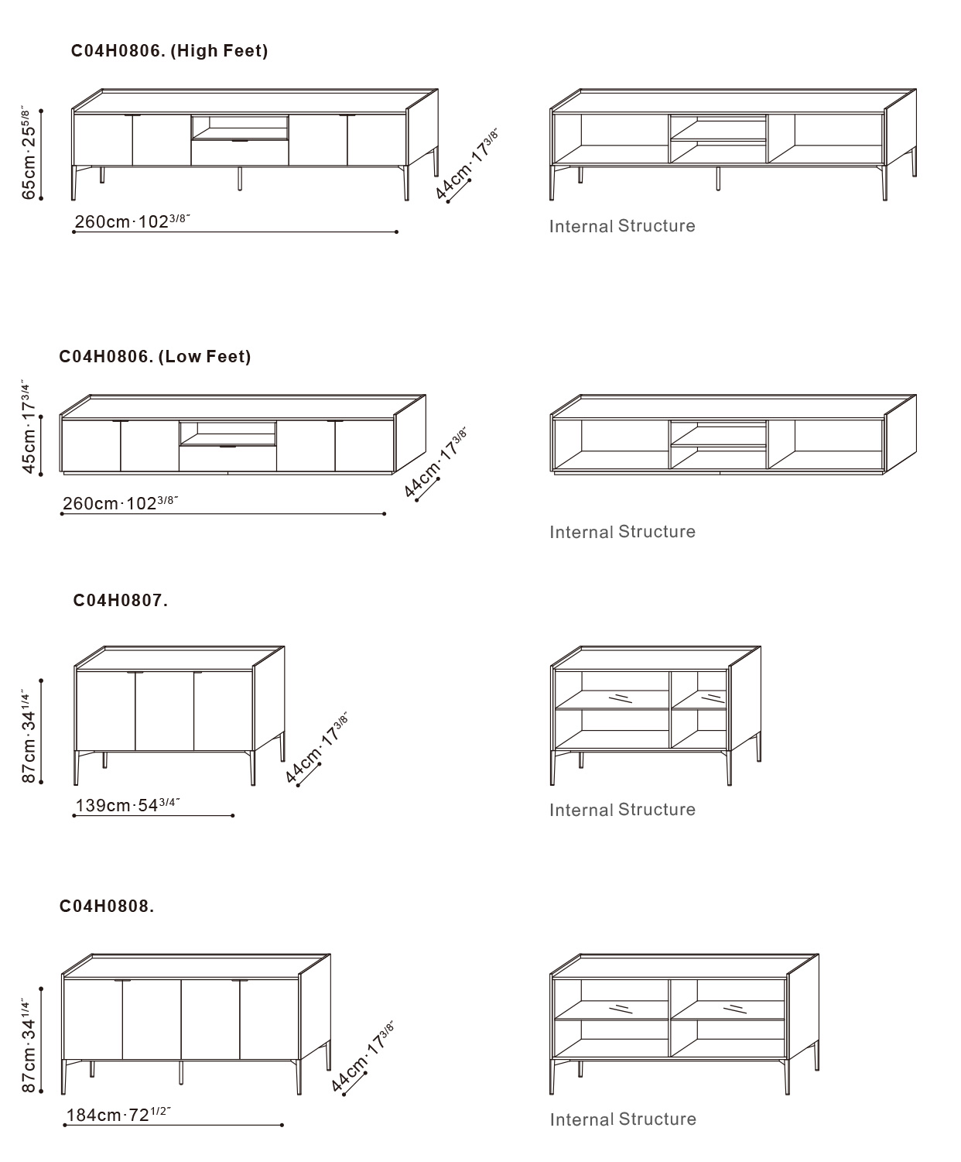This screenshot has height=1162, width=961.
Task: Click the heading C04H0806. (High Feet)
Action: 169,51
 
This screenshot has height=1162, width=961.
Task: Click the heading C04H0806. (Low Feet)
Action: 155,357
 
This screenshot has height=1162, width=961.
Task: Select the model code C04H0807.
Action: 120,600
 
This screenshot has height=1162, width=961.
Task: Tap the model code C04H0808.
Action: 107,906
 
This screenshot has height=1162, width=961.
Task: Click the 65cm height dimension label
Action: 29,153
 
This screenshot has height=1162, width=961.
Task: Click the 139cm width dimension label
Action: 128,805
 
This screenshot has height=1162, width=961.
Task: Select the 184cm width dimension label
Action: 118,1115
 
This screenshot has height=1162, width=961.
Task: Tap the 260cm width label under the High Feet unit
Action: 132,221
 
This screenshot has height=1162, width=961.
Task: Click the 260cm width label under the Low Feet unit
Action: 120,503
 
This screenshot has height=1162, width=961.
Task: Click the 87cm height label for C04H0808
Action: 29,1045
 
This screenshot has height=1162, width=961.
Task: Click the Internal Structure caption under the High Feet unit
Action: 622,226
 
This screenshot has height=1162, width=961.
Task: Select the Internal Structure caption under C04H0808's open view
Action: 623,1119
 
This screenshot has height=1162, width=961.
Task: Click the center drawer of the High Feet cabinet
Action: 240,153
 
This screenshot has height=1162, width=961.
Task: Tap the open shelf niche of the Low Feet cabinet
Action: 228,433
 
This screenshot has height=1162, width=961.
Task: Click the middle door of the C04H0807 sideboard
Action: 165,711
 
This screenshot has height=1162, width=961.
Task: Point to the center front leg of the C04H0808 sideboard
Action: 180,1072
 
